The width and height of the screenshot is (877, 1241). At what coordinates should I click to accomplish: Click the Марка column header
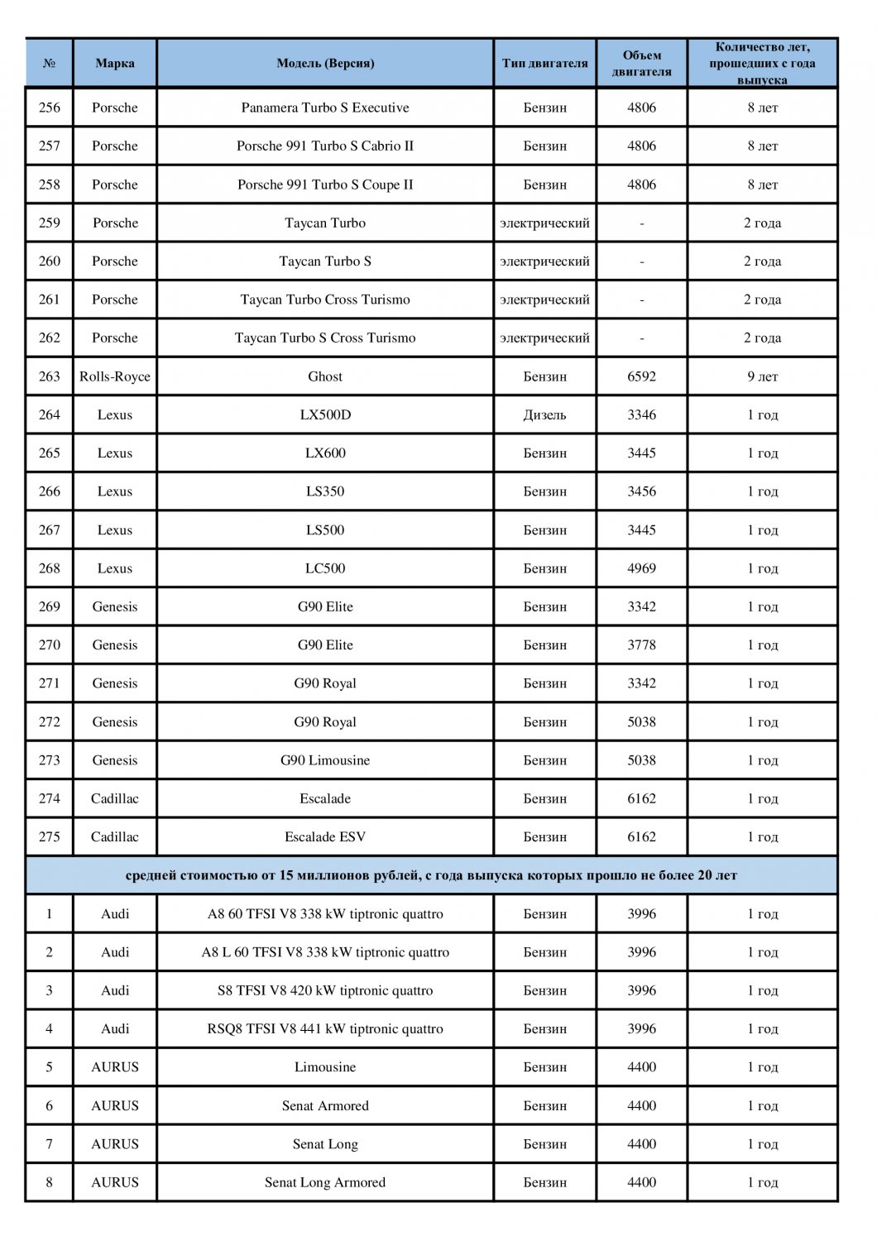(x=115, y=63)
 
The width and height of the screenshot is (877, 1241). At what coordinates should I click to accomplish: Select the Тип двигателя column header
(x=544, y=63)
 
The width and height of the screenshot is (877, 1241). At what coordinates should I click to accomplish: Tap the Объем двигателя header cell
(x=641, y=63)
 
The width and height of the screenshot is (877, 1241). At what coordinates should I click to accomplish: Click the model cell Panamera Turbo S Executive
(x=325, y=108)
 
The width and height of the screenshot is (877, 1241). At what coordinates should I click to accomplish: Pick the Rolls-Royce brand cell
(x=115, y=376)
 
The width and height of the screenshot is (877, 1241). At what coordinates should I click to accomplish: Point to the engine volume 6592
(x=641, y=376)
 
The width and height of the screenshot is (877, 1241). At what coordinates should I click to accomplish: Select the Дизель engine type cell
(x=544, y=414)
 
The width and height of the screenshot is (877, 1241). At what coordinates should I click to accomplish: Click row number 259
(x=50, y=223)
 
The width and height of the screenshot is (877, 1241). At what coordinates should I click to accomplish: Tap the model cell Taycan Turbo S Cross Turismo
(x=325, y=338)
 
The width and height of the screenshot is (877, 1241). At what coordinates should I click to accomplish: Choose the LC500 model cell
(x=325, y=568)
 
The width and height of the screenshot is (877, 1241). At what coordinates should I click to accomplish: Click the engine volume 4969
(x=641, y=568)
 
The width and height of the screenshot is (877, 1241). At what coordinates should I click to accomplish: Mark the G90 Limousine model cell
(x=325, y=760)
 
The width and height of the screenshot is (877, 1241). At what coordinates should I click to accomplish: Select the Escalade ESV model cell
(x=325, y=836)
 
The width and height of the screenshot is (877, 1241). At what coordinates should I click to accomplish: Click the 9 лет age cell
(x=762, y=376)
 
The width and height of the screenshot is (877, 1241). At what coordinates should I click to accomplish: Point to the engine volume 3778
(x=641, y=644)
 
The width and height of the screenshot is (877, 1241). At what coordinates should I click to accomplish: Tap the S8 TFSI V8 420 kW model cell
(x=325, y=990)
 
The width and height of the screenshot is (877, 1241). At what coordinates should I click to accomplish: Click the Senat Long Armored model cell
(x=325, y=1182)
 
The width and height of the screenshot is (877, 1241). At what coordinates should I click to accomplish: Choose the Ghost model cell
(x=325, y=376)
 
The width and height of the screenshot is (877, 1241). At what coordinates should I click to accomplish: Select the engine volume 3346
(x=641, y=414)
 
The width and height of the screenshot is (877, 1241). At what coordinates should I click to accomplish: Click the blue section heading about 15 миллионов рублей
(x=431, y=875)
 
